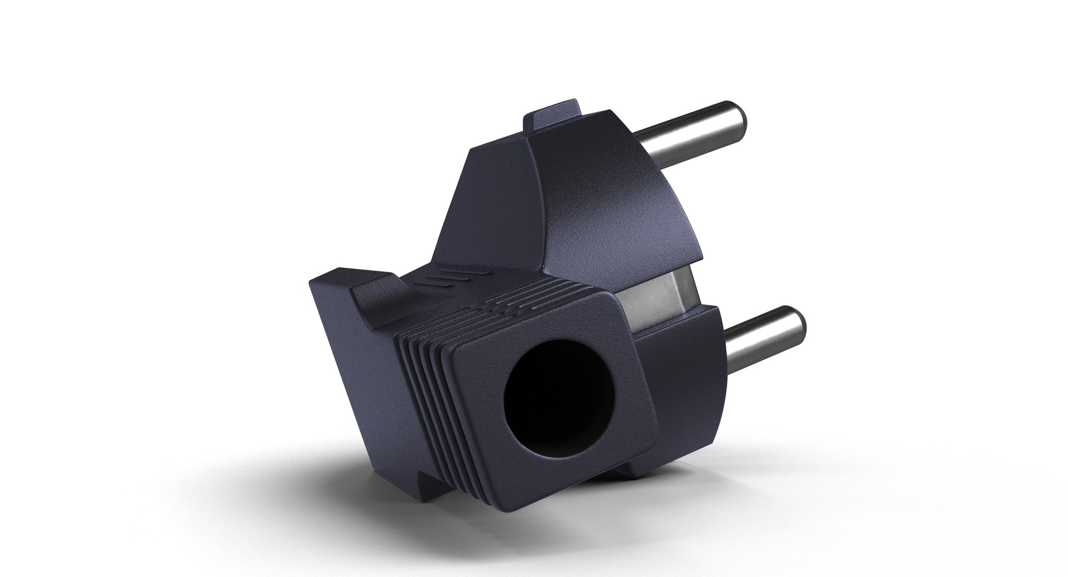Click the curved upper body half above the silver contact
[612, 211]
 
